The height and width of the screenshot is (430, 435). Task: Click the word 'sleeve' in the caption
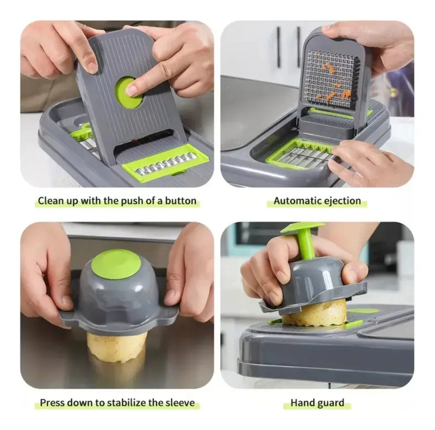(x=181, y=402)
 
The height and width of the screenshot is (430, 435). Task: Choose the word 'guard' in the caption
(x=330, y=403)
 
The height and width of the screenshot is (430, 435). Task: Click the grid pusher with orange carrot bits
(x=333, y=76)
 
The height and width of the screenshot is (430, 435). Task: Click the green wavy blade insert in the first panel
(x=165, y=163)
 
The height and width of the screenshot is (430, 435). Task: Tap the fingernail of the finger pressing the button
(x=130, y=90)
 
